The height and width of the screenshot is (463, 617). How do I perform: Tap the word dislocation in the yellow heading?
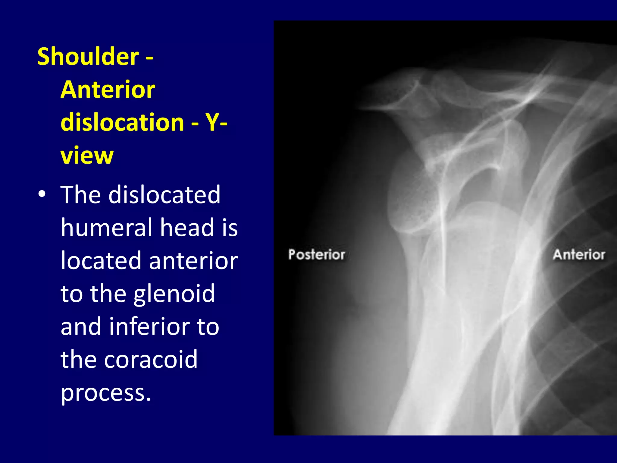122,122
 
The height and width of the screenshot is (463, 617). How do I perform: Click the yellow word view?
87,155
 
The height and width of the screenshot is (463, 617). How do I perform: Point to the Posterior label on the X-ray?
317,255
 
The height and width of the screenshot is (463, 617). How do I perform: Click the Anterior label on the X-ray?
579,255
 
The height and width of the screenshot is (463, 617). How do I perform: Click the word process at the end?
105,393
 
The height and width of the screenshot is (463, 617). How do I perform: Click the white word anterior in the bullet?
193,260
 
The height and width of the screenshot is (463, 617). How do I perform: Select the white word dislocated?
164,194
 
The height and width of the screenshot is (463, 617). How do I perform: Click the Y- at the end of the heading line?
216,122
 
